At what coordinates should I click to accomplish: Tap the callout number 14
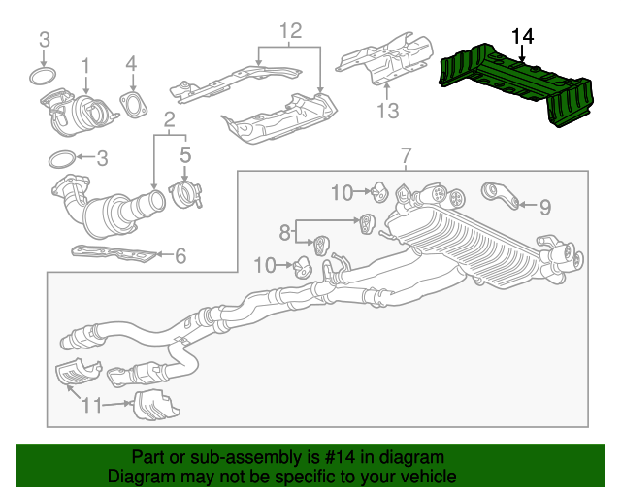point(522,37)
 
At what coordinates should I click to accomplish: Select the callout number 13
point(387,112)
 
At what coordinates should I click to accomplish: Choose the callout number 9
point(544,206)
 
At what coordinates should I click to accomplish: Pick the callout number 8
point(285,232)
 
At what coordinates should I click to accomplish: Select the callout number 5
point(185,152)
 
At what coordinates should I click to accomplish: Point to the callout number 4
point(132,65)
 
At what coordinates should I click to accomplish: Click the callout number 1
point(85,65)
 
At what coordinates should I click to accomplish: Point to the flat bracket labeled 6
point(113,254)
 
